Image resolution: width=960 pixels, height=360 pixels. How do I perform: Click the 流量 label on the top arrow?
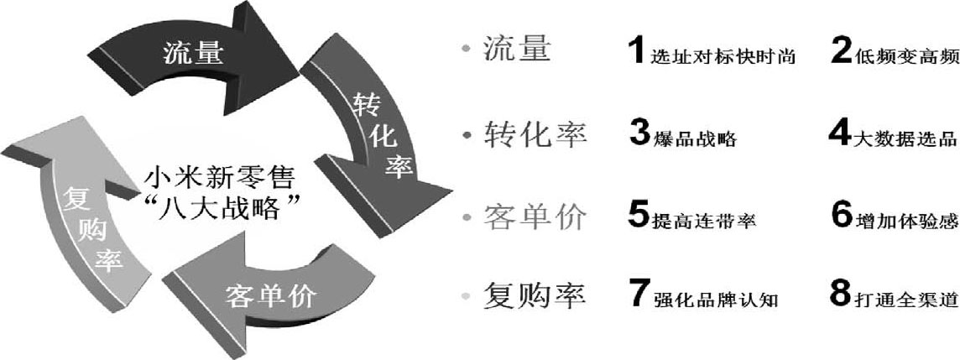tap(192, 55)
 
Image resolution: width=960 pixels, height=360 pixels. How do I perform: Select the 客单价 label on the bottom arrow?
tap(270, 296)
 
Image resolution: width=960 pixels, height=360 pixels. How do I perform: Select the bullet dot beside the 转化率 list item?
tap(467, 135)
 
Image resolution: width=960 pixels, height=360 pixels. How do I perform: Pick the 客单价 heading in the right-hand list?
tap(535, 217)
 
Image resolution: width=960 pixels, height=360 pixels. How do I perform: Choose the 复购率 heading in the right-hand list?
tap(535, 295)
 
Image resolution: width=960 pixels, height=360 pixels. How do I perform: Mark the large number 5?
tap(639, 216)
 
